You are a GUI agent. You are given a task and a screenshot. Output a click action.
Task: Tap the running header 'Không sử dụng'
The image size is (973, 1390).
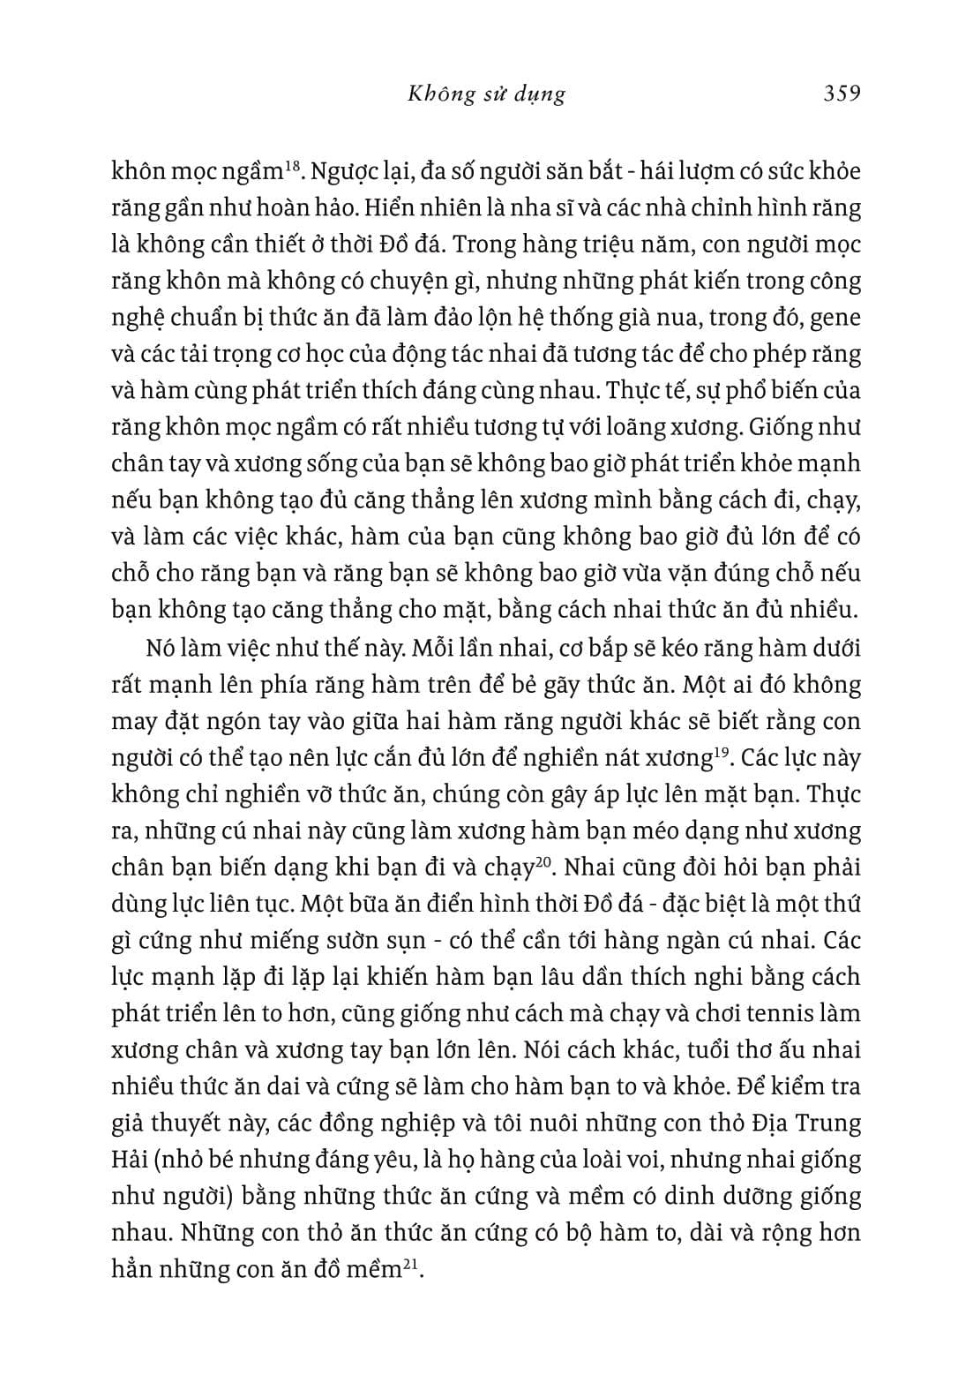[486, 94]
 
